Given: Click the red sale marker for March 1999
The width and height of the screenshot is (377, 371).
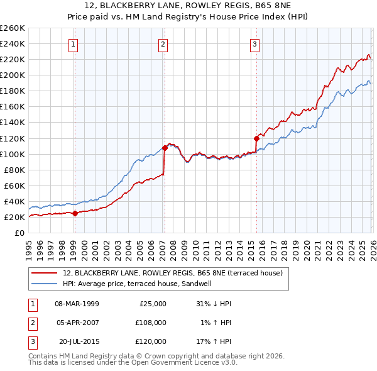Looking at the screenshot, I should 75,213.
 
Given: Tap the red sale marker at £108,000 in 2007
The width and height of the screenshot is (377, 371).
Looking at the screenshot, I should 165,148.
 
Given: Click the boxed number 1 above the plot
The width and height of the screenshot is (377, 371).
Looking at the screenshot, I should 74,44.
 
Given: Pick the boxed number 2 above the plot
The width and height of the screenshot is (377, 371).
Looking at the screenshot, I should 163,44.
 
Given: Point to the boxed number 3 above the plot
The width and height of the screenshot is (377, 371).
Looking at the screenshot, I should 254,44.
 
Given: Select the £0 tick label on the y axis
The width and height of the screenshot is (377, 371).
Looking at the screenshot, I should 18,233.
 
